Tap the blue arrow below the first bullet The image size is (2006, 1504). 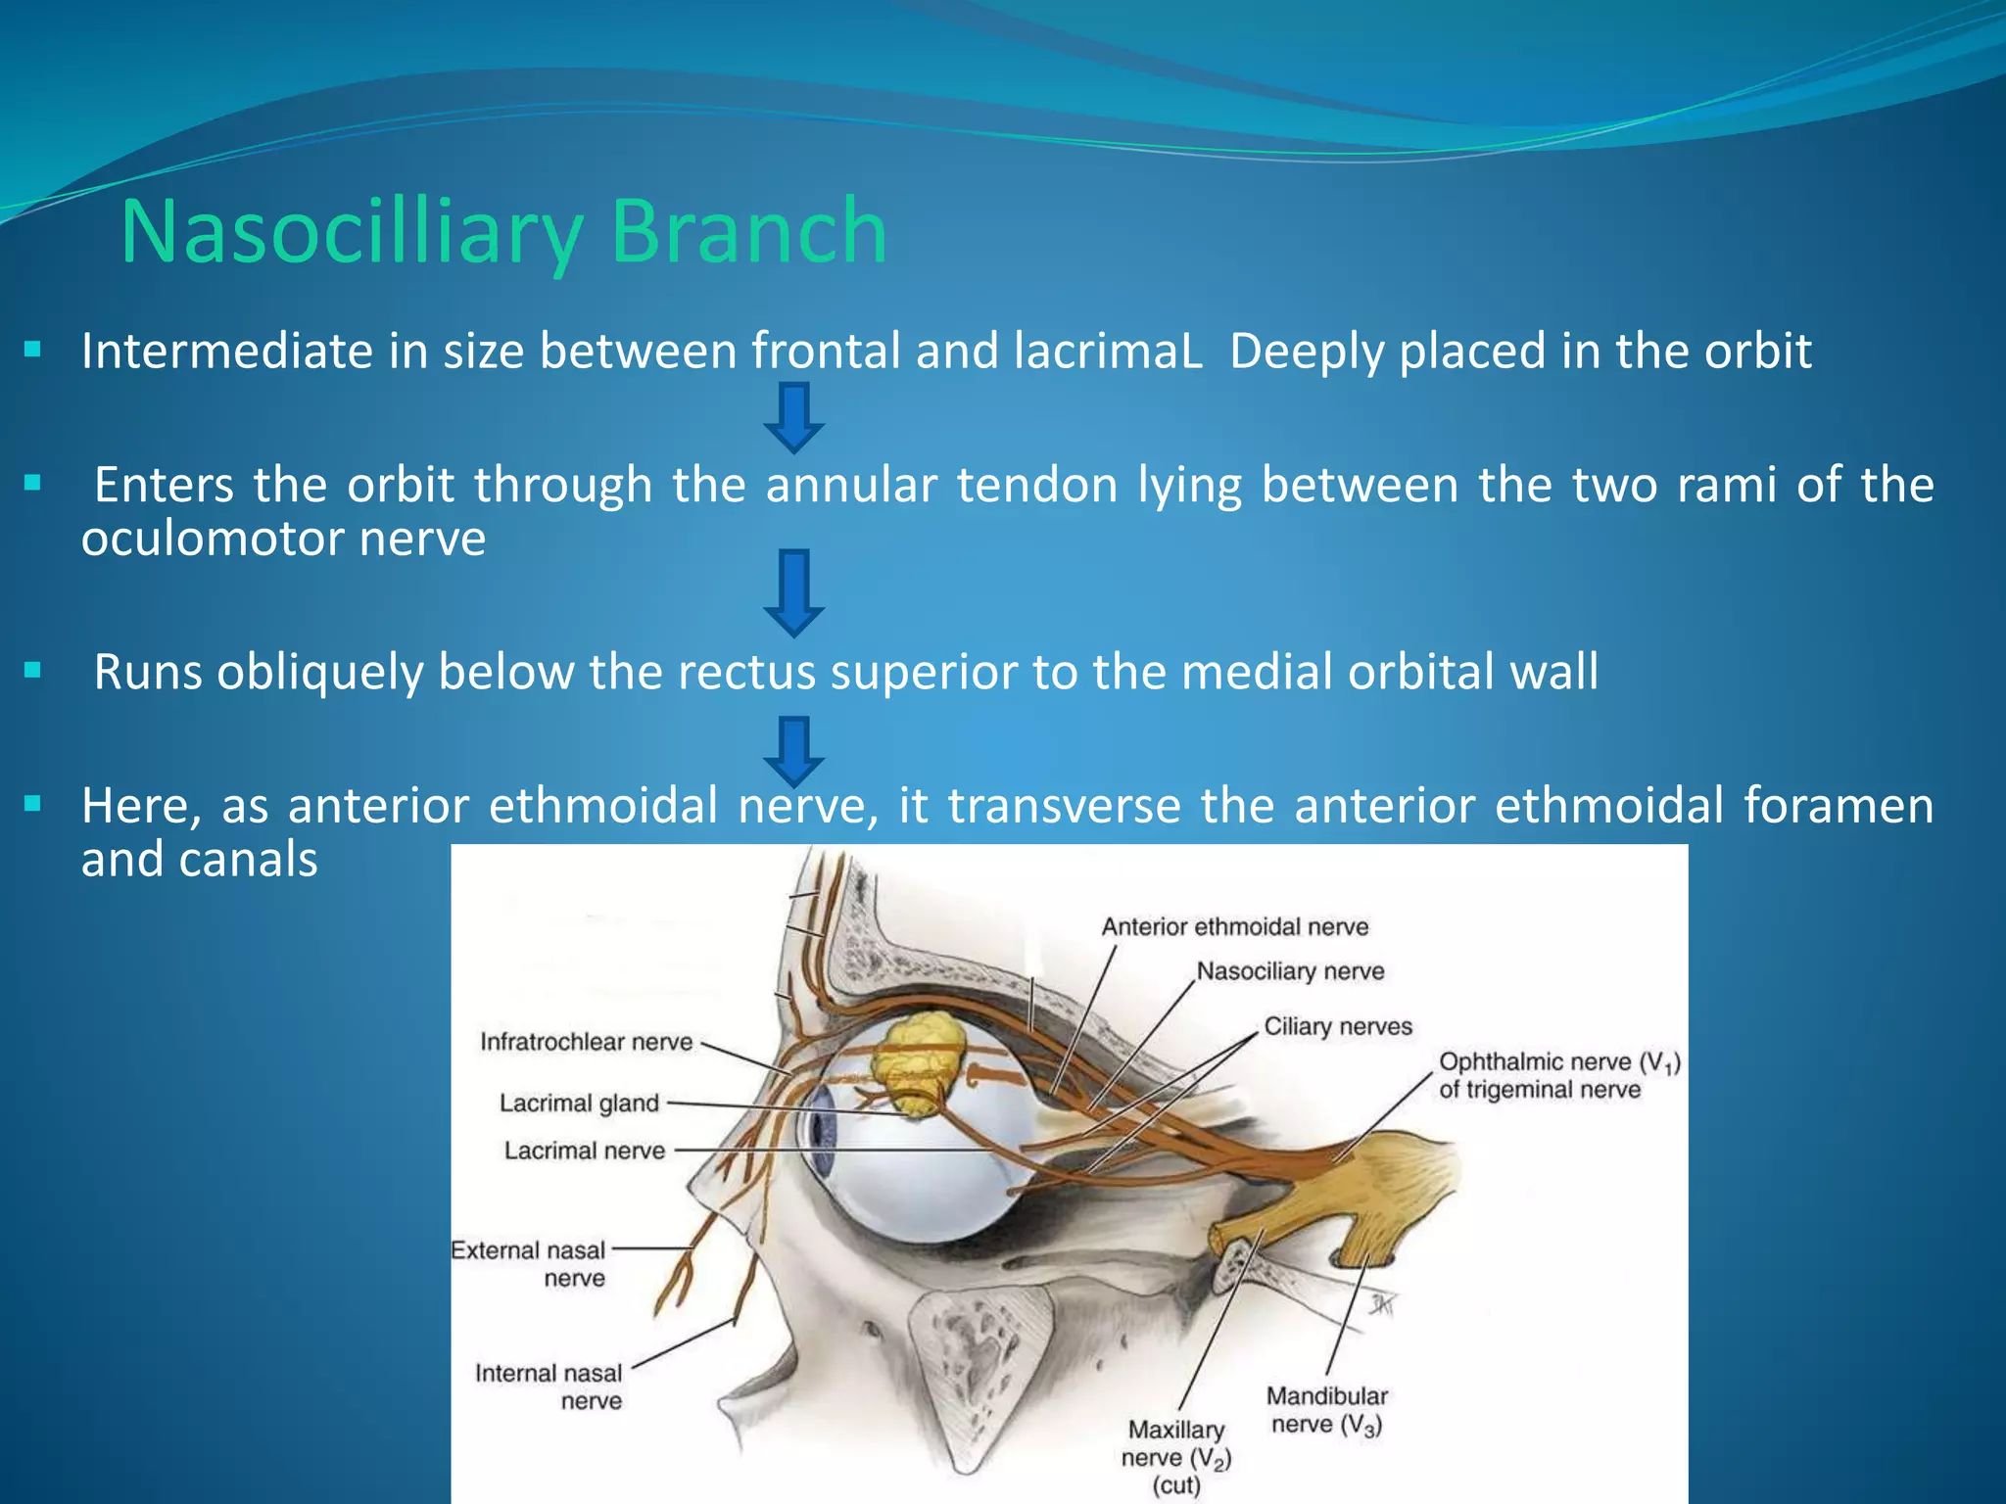(x=793, y=417)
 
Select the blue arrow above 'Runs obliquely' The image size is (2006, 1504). (x=793, y=592)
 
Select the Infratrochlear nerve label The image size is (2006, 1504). (x=586, y=1042)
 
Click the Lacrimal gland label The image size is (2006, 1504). (x=579, y=1104)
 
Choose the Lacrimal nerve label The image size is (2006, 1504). (x=584, y=1151)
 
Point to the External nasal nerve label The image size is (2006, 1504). (x=529, y=1264)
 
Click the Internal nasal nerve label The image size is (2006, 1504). (x=549, y=1386)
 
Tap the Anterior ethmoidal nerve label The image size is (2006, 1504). (x=1234, y=926)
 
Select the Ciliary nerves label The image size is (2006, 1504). (x=1338, y=1026)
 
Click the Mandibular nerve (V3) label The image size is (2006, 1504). (x=1327, y=1410)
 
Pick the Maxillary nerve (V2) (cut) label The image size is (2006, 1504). (x=1175, y=1457)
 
